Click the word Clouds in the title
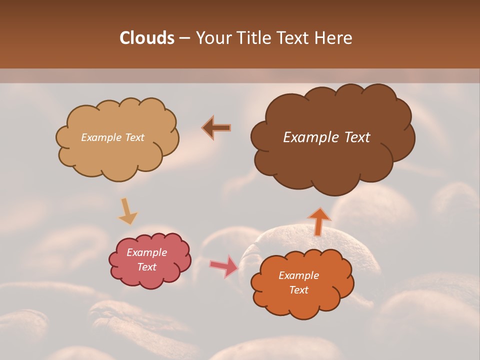click(x=147, y=38)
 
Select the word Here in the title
click(x=335, y=38)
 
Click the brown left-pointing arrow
click(x=217, y=128)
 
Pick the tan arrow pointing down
click(x=127, y=211)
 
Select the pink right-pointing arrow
click(x=224, y=266)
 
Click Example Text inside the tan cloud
click(x=113, y=137)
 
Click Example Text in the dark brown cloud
click(x=326, y=137)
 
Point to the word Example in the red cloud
click(x=147, y=252)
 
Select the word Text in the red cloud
click(x=147, y=267)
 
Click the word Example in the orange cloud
click(x=299, y=275)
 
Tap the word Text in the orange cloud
click(x=299, y=290)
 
